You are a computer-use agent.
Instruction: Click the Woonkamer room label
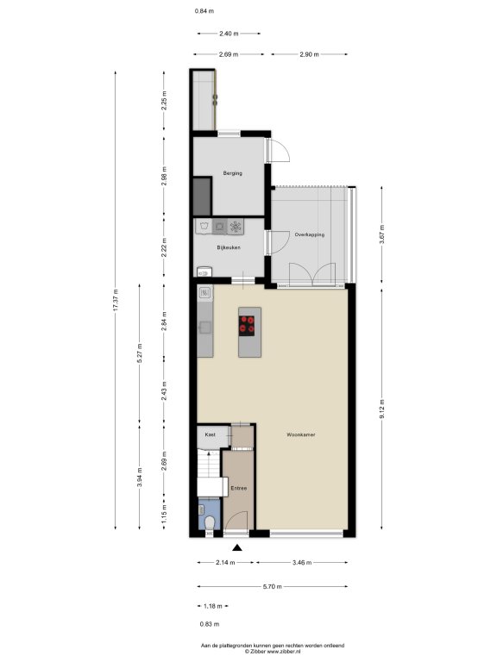pyautogui.click(x=301, y=434)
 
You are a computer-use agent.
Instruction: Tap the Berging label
pyautogui.click(x=232, y=173)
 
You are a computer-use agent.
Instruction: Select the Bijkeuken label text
pyautogui.click(x=229, y=247)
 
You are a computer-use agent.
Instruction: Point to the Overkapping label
pyautogui.click(x=310, y=234)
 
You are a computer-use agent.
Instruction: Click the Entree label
pyautogui.click(x=239, y=488)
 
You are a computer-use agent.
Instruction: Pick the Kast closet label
pyautogui.click(x=210, y=434)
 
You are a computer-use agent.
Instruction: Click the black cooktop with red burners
pyautogui.click(x=247, y=326)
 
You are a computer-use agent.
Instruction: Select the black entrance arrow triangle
pyautogui.click(x=237, y=547)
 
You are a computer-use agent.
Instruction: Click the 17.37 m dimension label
pyautogui.click(x=116, y=300)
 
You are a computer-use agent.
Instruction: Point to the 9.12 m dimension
pyautogui.click(x=381, y=409)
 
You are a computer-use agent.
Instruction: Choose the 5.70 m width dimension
pyautogui.click(x=272, y=586)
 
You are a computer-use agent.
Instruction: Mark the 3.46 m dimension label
pyautogui.click(x=302, y=562)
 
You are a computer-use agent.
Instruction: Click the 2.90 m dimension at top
pyautogui.click(x=309, y=54)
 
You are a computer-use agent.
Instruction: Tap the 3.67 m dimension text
pyautogui.click(x=381, y=234)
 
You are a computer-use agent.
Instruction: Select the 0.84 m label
pyautogui.click(x=204, y=11)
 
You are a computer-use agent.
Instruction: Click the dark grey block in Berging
pyautogui.click(x=202, y=197)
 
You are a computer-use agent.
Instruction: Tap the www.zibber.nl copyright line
pyautogui.click(x=272, y=652)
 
